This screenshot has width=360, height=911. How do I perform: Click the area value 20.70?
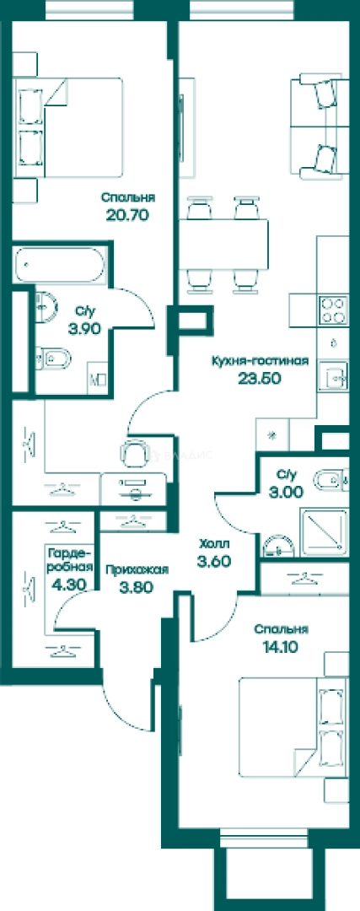coord(128,216)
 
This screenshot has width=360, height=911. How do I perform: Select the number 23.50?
coord(260,378)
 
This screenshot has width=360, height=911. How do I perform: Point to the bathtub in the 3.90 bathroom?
coord(61,266)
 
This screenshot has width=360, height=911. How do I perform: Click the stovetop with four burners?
coord(333,310)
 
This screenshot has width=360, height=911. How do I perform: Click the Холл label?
coord(214,544)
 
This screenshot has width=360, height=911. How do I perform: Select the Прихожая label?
coord(137,570)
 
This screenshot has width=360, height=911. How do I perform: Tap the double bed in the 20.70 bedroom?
coord(71,128)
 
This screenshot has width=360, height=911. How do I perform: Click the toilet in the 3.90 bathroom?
coord(53,358)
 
